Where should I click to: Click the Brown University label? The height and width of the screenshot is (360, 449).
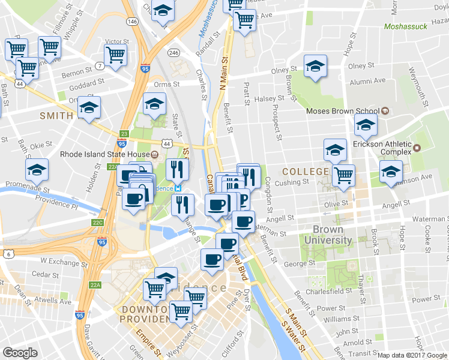point(332,235)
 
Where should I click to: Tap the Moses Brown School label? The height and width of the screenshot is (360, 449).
point(342,110)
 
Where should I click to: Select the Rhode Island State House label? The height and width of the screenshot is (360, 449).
point(105,154)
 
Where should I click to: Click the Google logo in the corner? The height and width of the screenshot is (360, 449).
point(20,352)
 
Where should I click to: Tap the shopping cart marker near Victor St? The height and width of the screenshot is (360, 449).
point(115,55)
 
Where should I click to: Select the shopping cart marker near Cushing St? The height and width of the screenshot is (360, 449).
point(343,176)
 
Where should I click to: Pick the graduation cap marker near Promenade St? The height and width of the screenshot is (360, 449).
point(37,171)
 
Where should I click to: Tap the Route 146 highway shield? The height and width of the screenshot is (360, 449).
point(132,21)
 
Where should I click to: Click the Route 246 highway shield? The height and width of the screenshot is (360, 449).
point(174,53)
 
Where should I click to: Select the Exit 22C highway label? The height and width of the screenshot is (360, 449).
point(97,223)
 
